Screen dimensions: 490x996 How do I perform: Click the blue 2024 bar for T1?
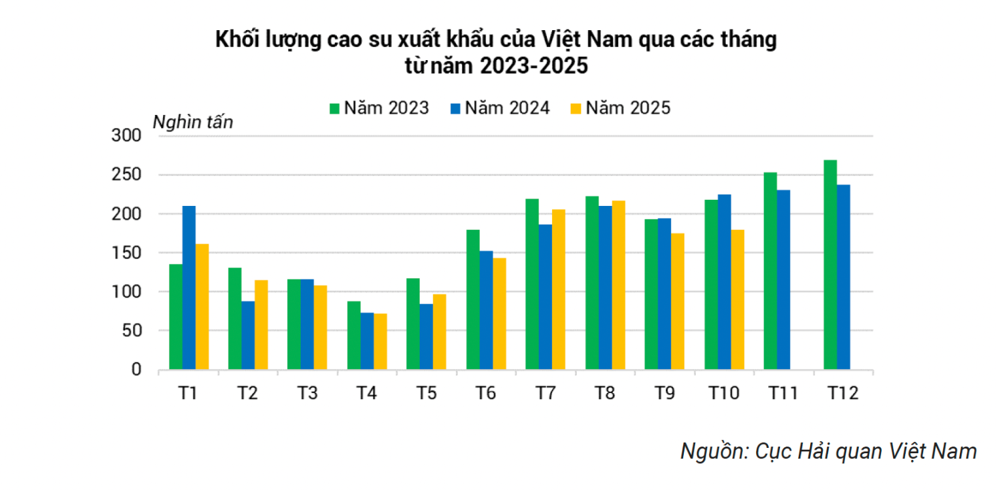click(189, 287)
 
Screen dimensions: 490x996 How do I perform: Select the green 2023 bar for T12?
click(830, 265)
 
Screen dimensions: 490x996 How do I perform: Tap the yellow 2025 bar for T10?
click(737, 299)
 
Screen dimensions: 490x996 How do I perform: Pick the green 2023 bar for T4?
click(354, 335)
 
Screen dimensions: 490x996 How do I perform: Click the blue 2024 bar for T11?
click(783, 279)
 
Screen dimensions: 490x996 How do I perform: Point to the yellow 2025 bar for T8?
click(618, 285)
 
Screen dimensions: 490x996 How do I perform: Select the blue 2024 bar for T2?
click(248, 335)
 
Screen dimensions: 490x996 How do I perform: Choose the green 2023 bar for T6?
click(473, 299)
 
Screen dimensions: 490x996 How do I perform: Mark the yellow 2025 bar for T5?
click(439, 332)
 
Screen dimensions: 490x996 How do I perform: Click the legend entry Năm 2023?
click(380, 108)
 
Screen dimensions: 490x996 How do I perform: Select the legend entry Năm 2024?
click(500, 108)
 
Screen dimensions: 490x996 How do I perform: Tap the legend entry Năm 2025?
click(620, 108)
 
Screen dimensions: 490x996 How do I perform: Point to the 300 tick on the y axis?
click(127, 136)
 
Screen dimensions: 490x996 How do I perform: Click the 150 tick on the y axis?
click(127, 253)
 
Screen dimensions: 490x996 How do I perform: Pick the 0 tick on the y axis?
click(136, 370)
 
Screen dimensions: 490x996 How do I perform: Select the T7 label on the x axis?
click(545, 393)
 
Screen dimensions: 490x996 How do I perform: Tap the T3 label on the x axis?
click(307, 393)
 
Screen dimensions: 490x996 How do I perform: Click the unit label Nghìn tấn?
click(193, 122)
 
